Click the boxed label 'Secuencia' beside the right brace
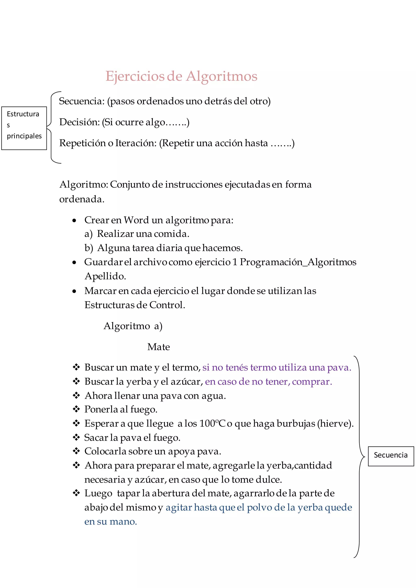tap(390, 455)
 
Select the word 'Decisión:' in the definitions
tap(79, 122)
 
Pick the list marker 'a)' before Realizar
tap(88, 234)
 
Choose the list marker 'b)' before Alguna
tap(89, 248)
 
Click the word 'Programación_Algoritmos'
tap(298, 262)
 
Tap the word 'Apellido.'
tap(105, 276)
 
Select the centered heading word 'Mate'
tap(159, 347)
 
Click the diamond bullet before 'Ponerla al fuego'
tap(76, 409)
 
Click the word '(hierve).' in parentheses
tap(335, 423)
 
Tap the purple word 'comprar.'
tap(312, 382)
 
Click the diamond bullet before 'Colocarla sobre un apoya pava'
tap(76, 451)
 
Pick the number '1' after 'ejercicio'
tap(235, 262)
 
